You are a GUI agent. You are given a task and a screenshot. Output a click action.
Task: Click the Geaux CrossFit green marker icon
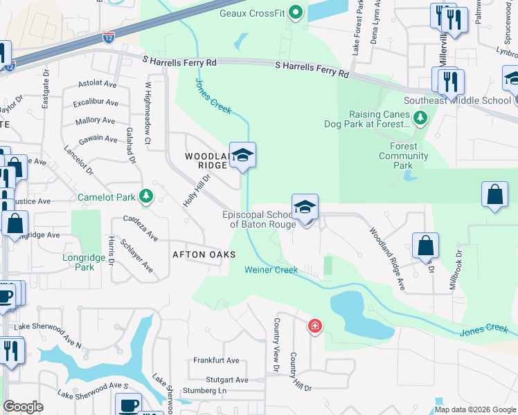(x=296, y=12)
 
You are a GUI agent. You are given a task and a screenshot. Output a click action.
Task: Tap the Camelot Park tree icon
(x=145, y=197)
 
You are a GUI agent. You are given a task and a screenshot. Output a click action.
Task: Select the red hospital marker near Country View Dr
(x=315, y=326)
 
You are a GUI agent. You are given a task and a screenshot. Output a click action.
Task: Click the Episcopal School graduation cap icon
(x=305, y=207)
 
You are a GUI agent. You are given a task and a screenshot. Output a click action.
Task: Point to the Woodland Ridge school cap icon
(x=242, y=156)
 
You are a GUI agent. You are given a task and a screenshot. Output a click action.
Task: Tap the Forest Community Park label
(x=404, y=156)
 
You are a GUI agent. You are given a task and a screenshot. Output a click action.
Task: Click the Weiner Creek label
(x=271, y=270)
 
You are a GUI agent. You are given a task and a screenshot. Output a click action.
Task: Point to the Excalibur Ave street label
(x=96, y=103)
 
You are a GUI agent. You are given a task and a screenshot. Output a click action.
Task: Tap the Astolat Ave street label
(x=98, y=84)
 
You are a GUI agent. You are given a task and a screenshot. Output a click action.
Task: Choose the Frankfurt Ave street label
(x=216, y=360)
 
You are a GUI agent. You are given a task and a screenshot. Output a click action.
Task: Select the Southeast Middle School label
(x=467, y=100)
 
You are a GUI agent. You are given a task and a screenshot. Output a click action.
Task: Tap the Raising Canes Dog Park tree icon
(x=420, y=120)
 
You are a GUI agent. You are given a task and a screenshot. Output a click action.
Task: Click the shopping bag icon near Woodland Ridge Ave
(x=425, y=246)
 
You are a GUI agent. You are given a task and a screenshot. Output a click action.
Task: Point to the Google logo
(x=24, y=407)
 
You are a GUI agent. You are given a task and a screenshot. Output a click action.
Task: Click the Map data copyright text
(x=475, y=409)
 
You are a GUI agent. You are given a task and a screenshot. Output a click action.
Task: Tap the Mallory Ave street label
(x=96, y=121)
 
